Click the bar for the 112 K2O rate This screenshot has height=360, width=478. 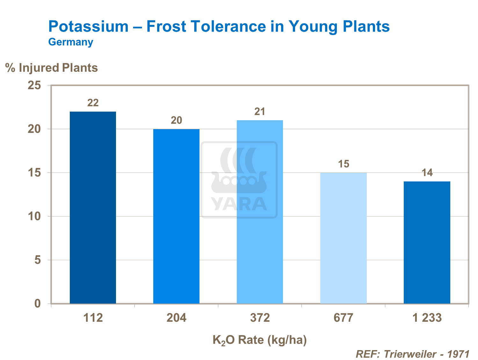coord(93,207)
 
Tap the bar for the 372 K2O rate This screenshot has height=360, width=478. coord(260,212)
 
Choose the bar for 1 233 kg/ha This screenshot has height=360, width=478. coord(427,242)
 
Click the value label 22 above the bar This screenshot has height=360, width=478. coord(93,103)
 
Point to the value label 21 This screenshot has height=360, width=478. coord(260,112)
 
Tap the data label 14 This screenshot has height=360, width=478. coord(427,173)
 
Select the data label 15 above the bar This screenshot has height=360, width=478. coord(344,164)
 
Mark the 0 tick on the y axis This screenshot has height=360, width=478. coord(38,304)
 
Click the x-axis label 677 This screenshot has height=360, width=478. coord(343,318)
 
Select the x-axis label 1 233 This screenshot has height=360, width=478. coord(427,318)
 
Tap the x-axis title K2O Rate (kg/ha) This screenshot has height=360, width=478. coord(259,340)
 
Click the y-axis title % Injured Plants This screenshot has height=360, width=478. coord(52,68)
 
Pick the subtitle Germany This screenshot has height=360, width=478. coord(71,42)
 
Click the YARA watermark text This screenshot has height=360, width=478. coord(239,204)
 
